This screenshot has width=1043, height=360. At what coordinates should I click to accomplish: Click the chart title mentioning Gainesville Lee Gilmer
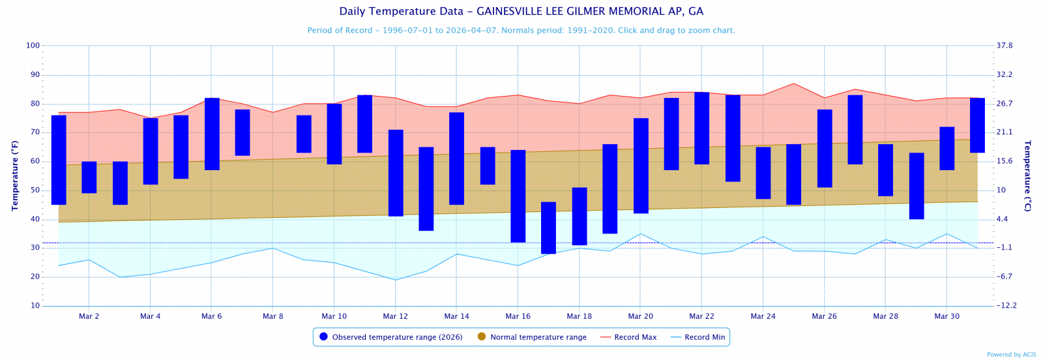tap(521, 12)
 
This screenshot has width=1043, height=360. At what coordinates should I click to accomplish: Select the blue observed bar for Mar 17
tap(548, 228)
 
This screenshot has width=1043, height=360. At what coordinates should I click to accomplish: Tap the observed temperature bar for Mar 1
tap(59, 160)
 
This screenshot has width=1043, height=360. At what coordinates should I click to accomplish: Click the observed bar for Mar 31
tap(977, 125)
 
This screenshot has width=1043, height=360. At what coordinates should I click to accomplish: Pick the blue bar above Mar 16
tap(518, 196)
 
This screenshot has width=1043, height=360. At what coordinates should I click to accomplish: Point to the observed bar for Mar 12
tap(396, 173)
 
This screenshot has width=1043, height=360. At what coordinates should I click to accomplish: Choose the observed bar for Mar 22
tap(701, 128)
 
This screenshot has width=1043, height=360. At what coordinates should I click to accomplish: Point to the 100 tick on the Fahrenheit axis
tap(33, 46)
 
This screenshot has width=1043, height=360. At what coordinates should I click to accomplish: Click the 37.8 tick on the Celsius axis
tap(1005, 46)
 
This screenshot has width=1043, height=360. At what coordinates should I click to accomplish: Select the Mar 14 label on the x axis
tap(456, 316)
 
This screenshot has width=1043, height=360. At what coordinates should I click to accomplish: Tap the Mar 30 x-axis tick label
tap(947, 316)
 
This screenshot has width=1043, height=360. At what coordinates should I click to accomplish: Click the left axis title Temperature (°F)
tap(15, 175)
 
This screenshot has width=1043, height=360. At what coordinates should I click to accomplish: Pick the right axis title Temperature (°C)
tap(1028, 175)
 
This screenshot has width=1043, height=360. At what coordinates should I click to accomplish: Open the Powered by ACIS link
tap(1011, 355)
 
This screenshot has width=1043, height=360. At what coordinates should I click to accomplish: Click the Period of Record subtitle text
tap(521, 31)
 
